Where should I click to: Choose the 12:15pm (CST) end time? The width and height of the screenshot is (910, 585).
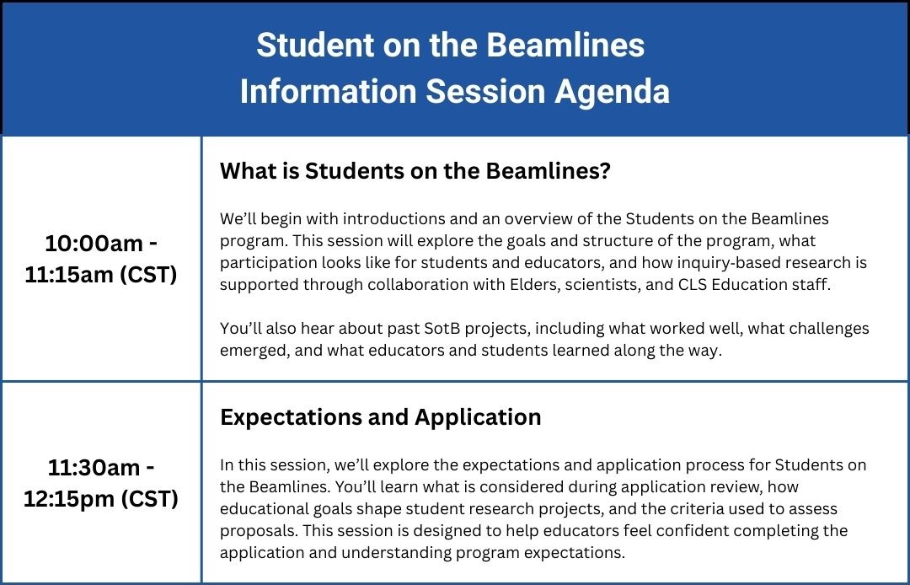(x=101, y=498)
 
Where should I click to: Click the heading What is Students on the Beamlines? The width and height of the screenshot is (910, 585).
(x=415, y=171)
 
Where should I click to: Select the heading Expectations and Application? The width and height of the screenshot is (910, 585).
(x=380, y=417)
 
